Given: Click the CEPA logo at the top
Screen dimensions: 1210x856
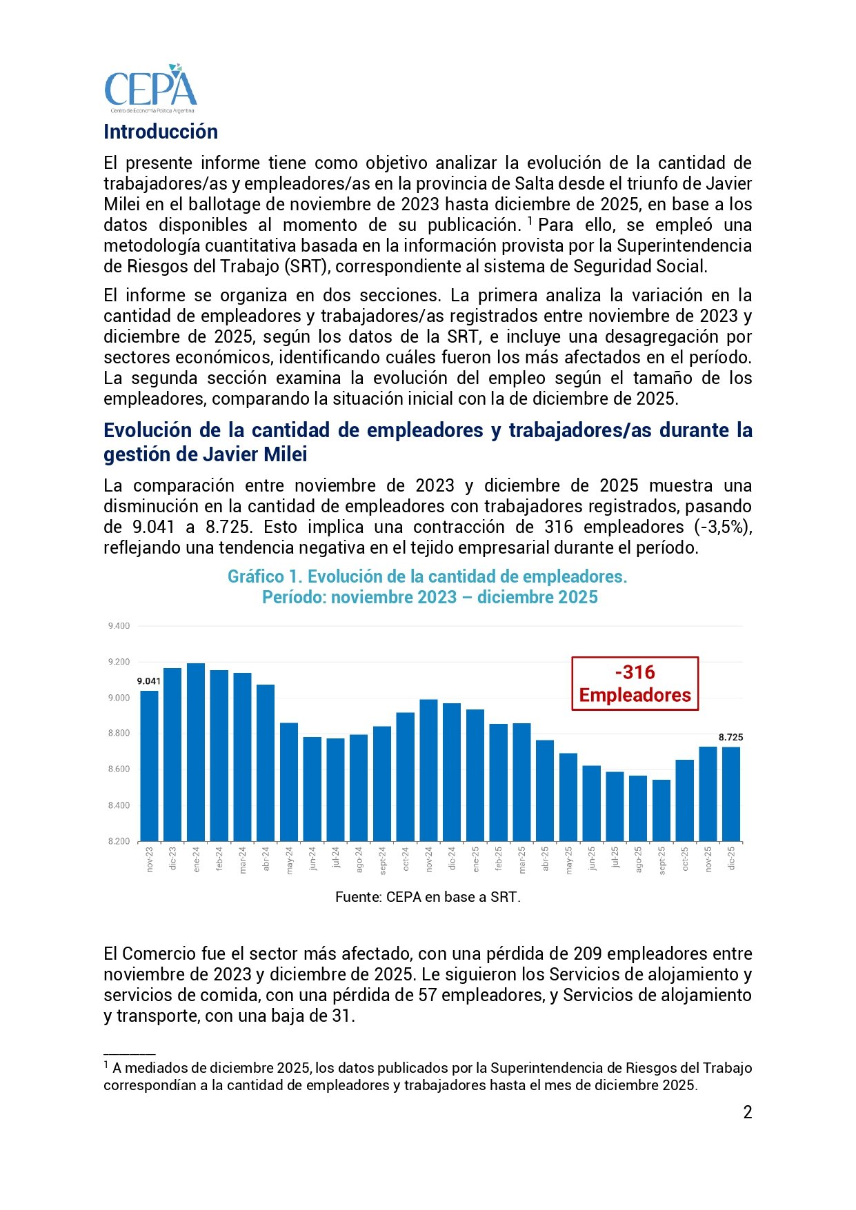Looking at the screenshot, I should [150, 89].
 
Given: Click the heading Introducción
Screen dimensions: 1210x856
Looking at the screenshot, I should [161, 132].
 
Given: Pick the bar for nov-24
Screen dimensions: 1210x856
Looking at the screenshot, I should [428, 770].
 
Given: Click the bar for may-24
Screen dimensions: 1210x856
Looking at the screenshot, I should [289, 782].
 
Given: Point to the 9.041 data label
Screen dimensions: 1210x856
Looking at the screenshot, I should [149, 681].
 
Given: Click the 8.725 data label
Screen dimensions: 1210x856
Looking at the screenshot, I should [730, 737].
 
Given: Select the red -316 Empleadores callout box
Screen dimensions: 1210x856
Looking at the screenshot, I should [635, 683].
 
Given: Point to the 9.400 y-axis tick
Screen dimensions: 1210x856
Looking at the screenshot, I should [119, 626].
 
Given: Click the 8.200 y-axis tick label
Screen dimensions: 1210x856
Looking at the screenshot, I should [119, 841].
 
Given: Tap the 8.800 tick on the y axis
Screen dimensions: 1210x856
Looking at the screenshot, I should [119, 733].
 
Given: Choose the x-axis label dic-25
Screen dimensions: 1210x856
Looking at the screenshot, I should [732, 858].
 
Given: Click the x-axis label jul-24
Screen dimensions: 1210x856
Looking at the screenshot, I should [336, 858].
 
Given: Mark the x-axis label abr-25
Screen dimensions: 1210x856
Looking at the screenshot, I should [546, 858].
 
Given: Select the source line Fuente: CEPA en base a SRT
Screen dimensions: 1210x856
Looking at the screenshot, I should [428, 897].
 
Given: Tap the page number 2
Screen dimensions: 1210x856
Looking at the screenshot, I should [748, 1112].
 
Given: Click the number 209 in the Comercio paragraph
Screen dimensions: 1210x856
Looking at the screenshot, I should [588, 954].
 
